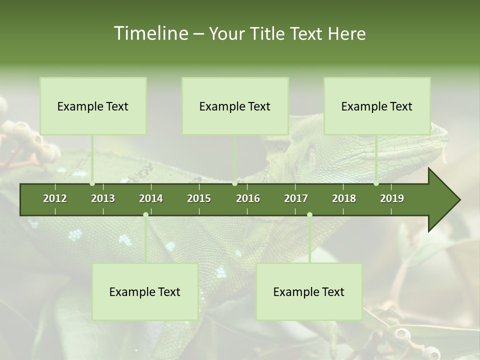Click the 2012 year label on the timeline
[55, 198]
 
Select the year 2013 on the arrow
[103, 198]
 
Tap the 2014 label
[151, 198]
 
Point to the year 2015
[199, 198]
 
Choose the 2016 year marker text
[248, 198]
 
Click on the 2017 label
[296, 198]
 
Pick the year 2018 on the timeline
[344, 198]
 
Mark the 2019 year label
[392, 198]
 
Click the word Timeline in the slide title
[150, 33]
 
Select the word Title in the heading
[268, 34]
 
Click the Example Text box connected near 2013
[93, 106]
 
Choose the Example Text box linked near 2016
[235, 106]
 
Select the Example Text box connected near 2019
[377, 106]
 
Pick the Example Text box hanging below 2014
[145, 291]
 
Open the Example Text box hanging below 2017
[309, 291]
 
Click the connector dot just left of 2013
[92, 183]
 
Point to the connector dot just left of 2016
[235, 183]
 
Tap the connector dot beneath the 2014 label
[145, 214]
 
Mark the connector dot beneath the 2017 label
[309, 214]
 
